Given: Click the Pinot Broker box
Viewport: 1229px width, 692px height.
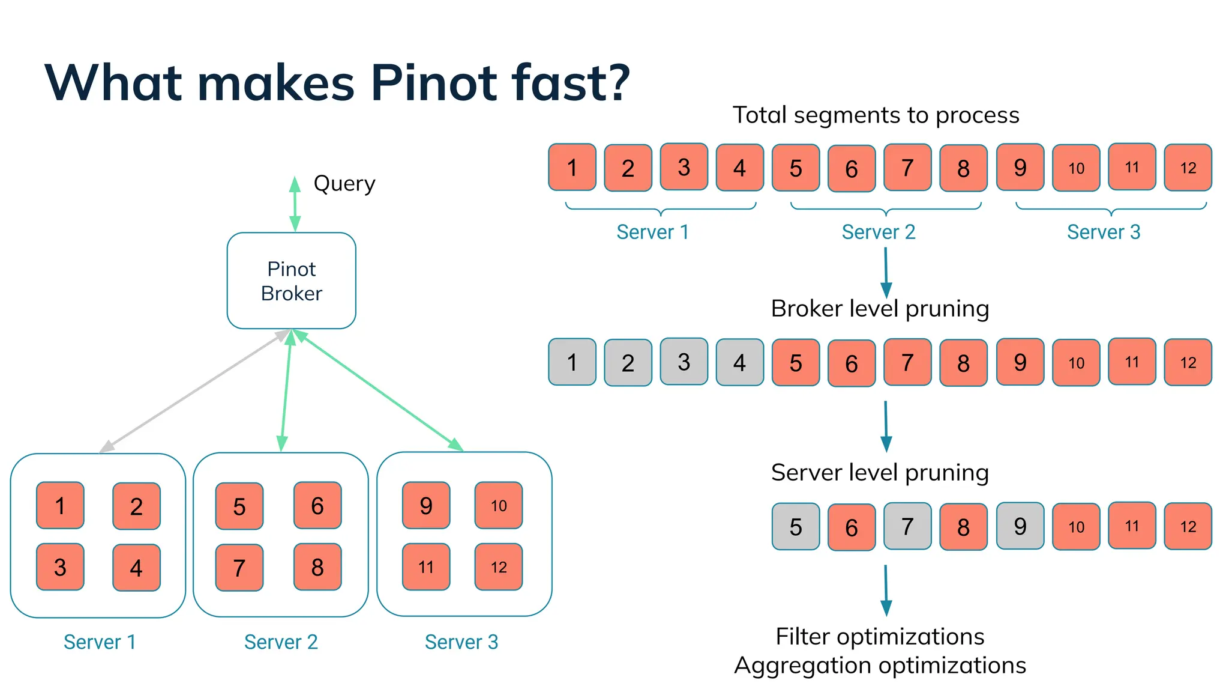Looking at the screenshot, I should pos(291,281).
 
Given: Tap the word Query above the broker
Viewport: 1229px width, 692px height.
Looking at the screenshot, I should pos(344,183).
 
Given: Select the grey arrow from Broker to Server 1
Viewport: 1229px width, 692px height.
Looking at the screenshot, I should pos(192,392).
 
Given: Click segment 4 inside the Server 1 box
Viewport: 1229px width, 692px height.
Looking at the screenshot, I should pos(136,568).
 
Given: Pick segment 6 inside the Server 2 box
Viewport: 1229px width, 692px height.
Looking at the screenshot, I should pos(317,506).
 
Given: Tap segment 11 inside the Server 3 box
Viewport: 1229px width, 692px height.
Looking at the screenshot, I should pos(426,567).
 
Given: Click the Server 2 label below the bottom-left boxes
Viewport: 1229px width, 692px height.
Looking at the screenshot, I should pos(281,642).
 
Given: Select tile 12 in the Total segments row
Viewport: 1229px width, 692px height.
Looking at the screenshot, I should pos(1188,168).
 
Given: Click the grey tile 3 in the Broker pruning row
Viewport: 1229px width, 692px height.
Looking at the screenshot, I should pos(684,362).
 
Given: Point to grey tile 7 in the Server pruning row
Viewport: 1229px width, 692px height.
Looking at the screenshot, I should pos(907,526).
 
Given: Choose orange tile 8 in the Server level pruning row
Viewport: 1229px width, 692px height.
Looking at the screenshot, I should pos(963,527).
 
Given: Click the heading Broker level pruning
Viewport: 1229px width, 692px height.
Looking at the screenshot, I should pos(880,309).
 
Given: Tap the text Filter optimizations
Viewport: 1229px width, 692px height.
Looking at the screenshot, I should pos(880,637).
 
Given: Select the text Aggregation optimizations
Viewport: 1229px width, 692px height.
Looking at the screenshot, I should pos(880,666).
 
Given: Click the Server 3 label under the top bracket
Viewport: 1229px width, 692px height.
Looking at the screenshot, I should pos(1103,232).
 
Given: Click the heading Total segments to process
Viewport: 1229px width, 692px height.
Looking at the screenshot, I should pos(876,115).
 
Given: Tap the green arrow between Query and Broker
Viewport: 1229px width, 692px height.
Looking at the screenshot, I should pos(295,204).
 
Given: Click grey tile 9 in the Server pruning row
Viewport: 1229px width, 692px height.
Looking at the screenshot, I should pos(1020,526).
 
